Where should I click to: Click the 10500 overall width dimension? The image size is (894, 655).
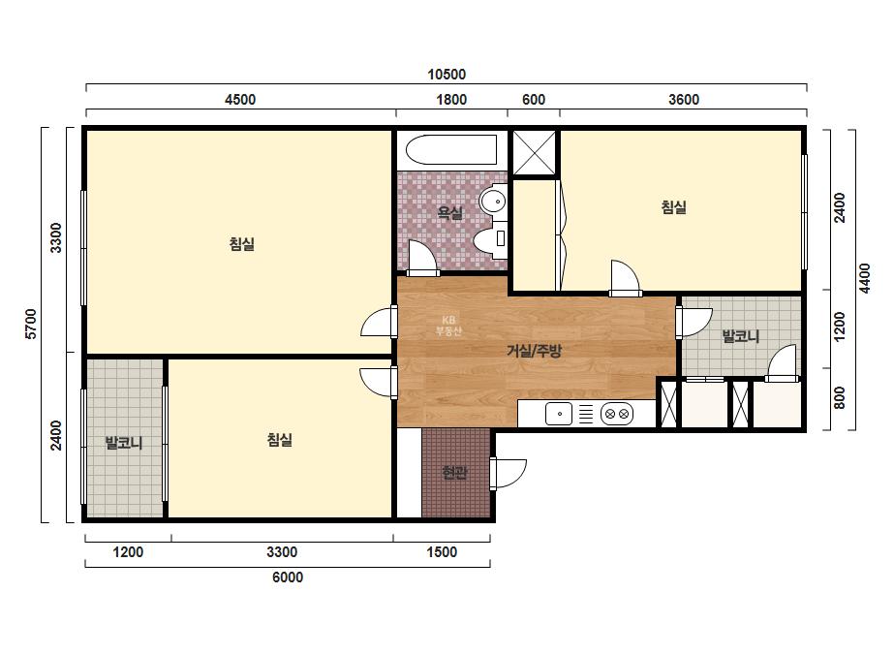(447, 75)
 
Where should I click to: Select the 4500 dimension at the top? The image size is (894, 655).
(240, 99)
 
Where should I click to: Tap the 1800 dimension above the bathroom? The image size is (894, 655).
(451, 99)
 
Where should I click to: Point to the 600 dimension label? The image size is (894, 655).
(534, 99)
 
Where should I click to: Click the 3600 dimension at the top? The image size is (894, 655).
(684, 99)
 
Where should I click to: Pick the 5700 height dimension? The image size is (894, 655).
(31, 324)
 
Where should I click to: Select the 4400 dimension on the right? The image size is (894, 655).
(865, 278)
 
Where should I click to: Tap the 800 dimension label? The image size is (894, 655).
(839, 397)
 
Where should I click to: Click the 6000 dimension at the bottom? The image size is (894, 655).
(288, 577)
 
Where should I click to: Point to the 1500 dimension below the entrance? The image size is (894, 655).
(442, 551)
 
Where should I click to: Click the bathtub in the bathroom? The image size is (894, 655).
(451, 149)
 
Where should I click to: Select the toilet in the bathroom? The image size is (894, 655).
(490, 239)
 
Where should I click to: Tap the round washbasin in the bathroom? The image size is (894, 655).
(493, 201)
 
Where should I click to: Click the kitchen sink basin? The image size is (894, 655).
(559, 414)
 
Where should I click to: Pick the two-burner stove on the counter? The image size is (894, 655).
(617, 414)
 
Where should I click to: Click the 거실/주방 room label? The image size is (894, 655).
(535, 351)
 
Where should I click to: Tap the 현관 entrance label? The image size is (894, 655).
(455, 473)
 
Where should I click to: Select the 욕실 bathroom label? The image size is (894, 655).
(449, 213)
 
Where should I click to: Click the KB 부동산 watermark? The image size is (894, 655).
(448, 326)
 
